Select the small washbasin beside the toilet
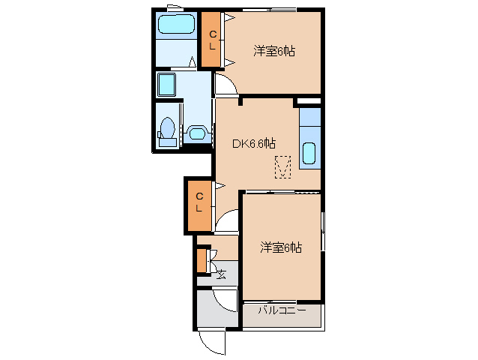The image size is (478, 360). (197, 133)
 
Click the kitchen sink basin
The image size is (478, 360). (309, 153)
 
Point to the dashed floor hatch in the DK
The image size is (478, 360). (282, 166)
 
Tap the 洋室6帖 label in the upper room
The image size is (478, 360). (273, 51)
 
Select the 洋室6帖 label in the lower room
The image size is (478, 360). (281, 247)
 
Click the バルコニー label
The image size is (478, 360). (282, 309)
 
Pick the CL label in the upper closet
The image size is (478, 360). (212, 40)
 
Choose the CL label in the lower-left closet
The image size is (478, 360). (199, 202)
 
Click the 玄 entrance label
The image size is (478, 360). (222, 274)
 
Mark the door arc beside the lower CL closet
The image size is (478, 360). (228, 219)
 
